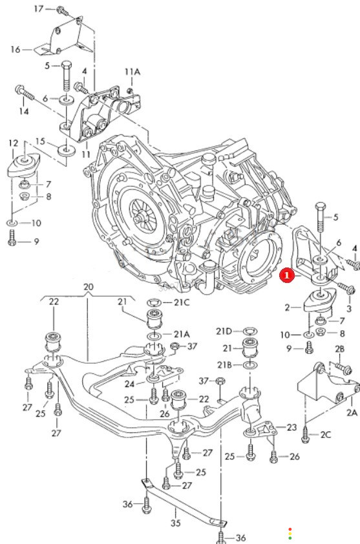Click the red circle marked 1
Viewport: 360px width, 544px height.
click(287, 276)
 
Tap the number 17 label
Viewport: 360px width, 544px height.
click(39, 8)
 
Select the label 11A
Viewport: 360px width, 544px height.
click(132, 72)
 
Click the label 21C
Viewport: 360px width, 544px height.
click(182, 302)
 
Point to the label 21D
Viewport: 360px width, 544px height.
click(224, 331)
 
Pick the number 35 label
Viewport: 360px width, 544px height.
click(176, 523)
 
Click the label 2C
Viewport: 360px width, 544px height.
click(325, 434)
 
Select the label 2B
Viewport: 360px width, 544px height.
click(339, 349)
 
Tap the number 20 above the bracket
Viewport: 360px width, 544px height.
click(89, 287)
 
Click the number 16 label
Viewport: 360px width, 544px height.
click(16, 50)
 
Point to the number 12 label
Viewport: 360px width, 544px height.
click(13, 143)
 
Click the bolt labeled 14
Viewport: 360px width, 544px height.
click(25, 93)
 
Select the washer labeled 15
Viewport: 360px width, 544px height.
click(67, 151)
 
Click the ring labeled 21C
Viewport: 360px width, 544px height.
click(154, 302)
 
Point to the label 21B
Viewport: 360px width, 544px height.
click(224, 365)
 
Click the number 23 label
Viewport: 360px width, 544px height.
click(292, 427)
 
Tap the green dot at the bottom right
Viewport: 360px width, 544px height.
click(290, 538)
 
